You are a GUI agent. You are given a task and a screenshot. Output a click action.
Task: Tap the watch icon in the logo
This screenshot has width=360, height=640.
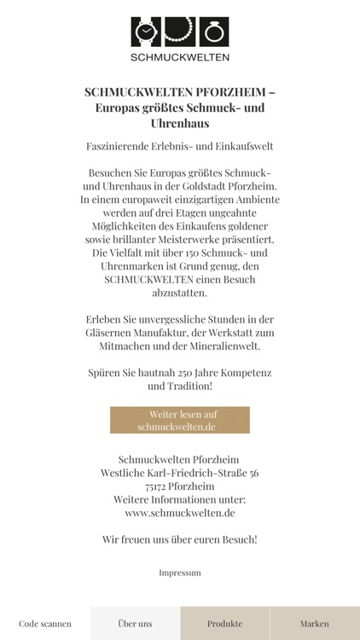(x=146, y=32)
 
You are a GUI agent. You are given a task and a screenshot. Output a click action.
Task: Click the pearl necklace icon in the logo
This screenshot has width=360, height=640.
(x=179, y=32)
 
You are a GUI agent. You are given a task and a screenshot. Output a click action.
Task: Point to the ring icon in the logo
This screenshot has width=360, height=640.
(x=213, y=32)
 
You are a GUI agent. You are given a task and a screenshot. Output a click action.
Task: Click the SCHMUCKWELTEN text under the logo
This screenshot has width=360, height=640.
(x=180, y=57)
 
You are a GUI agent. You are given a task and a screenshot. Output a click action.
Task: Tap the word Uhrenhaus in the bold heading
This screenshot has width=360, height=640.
(x=180, y=124)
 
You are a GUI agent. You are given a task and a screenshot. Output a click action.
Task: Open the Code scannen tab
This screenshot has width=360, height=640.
(x=45, y=624)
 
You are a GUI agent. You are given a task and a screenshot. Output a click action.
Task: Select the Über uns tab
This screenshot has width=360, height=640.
(x=135, y=624)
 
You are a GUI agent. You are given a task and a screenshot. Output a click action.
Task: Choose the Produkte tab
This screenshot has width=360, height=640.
(x=225, y=624)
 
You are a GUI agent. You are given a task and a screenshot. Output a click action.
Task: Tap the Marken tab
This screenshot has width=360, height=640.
(x=315, y=624)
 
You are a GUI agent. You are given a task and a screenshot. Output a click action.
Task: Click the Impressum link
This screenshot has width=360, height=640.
(x=180, y=573)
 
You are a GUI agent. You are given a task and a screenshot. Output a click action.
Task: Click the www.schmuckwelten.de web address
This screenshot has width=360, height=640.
(x=180, y=513)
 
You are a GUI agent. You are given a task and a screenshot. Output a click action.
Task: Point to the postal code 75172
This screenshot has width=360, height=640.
(x=157, y=486)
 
